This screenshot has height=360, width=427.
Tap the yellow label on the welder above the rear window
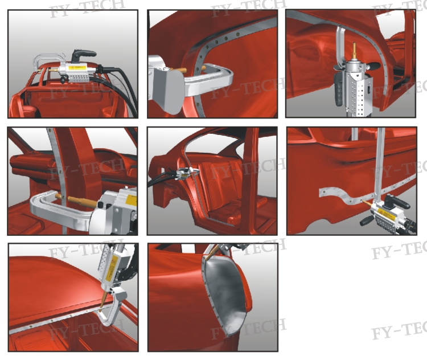point(77,68)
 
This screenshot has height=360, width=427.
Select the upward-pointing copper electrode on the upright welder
point(354,51)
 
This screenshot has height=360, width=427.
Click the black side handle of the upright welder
point(373,66)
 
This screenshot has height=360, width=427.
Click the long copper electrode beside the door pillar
point(76,201)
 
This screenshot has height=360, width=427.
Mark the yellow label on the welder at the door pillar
point(131,201)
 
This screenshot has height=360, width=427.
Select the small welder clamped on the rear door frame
point(187,173)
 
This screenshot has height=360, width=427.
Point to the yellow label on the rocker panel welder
point(385,211)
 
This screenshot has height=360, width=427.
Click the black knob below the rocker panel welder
point(366,220)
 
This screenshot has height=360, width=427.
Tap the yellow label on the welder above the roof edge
point(113,267)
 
